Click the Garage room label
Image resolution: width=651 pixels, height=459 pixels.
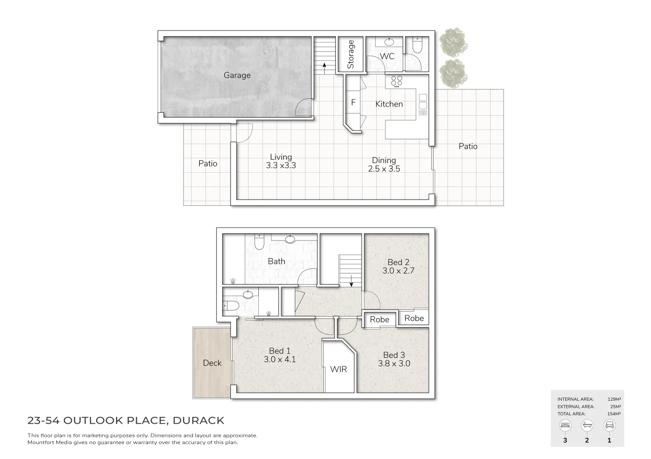coord(237,75)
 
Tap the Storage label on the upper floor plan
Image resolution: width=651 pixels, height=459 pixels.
coord(351,54)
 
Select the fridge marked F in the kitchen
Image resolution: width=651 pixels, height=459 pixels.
coord(353,103)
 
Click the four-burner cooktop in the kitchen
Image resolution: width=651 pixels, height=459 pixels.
coord(396,81)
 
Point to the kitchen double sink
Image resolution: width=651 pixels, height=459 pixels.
coord(423,102)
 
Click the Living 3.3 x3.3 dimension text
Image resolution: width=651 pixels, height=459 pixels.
coord(281,161)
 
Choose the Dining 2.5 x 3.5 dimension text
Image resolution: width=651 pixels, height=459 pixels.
coord(384,164)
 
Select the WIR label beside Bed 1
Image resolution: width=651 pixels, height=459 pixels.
coord(339,369)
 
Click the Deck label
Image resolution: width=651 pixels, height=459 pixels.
coord(212,363)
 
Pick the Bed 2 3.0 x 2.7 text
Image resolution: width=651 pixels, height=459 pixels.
coord(398,266)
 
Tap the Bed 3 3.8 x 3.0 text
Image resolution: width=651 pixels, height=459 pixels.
coord(394,359)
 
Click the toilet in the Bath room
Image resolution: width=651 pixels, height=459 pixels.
coord(259,242)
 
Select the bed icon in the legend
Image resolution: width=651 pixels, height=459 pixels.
coord(565,425)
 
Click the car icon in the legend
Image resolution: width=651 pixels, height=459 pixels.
coord(609,425)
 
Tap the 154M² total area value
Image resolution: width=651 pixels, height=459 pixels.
coord(614,414)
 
